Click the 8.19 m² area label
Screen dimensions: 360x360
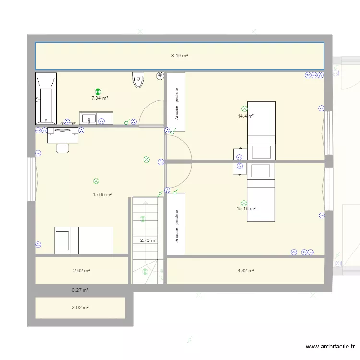pos(180,55)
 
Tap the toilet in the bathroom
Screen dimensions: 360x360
pos(138,80)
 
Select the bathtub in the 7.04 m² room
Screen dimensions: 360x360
pos(46,98)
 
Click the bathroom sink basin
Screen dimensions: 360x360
pos(89,119)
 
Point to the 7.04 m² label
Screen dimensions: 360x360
pos(100,98)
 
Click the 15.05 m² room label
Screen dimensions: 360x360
pos(102,195)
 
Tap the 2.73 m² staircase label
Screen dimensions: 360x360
pos(148,240)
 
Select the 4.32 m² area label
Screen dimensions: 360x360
pos(246,270)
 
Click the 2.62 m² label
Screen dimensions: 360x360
pos(82,270)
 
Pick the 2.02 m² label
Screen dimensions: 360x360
pos(80,307)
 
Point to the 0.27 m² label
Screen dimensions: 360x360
pos(80,290)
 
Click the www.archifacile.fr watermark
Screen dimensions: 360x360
pos(330,346)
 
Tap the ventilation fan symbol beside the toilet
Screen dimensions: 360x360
pos(160,76)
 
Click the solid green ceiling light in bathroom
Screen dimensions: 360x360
pos(98,92)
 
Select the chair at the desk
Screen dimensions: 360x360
pos(62,148)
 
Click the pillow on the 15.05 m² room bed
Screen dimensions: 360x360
pos(62,240)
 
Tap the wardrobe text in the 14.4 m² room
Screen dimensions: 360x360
pos(177,104)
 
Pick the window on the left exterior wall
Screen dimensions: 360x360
pos(32,179)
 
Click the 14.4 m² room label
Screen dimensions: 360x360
pos(246,116)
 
